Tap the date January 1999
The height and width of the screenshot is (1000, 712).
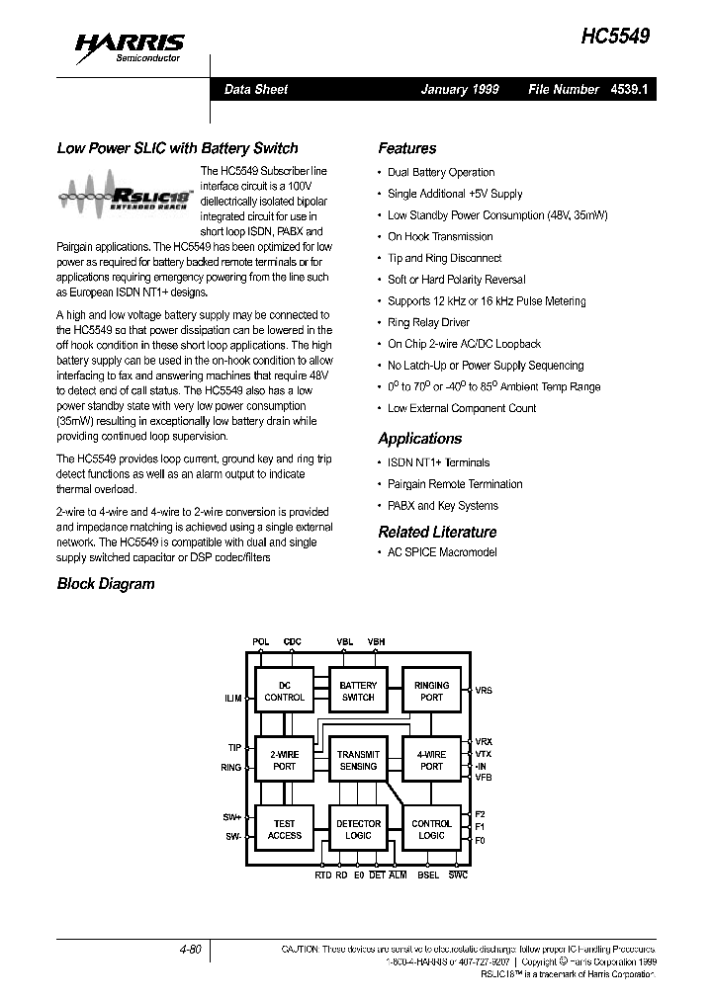coord(460,89)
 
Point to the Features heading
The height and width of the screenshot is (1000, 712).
coord(406,148)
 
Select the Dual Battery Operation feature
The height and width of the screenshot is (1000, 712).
coord(441,172)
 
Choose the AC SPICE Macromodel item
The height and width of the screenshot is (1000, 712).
coord(442,552)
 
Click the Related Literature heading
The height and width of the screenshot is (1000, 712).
coord(437,532)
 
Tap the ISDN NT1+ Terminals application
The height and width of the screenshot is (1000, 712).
coord(438,462)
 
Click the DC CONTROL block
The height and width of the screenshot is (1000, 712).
coord(285,691)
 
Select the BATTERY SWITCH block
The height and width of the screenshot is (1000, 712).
coord(358,691)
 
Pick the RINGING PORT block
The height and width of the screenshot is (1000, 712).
coord(431,691)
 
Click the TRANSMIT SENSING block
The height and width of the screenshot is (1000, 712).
coord(358,760)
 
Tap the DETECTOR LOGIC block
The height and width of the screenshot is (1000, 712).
coord(358,829)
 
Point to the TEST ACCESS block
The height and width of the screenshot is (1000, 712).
coord(285,829)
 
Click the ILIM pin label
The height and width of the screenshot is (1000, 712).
coord(232,699)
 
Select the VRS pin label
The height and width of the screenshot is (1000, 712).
coord(484,691)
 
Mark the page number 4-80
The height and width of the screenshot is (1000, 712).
coord(190,950)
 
